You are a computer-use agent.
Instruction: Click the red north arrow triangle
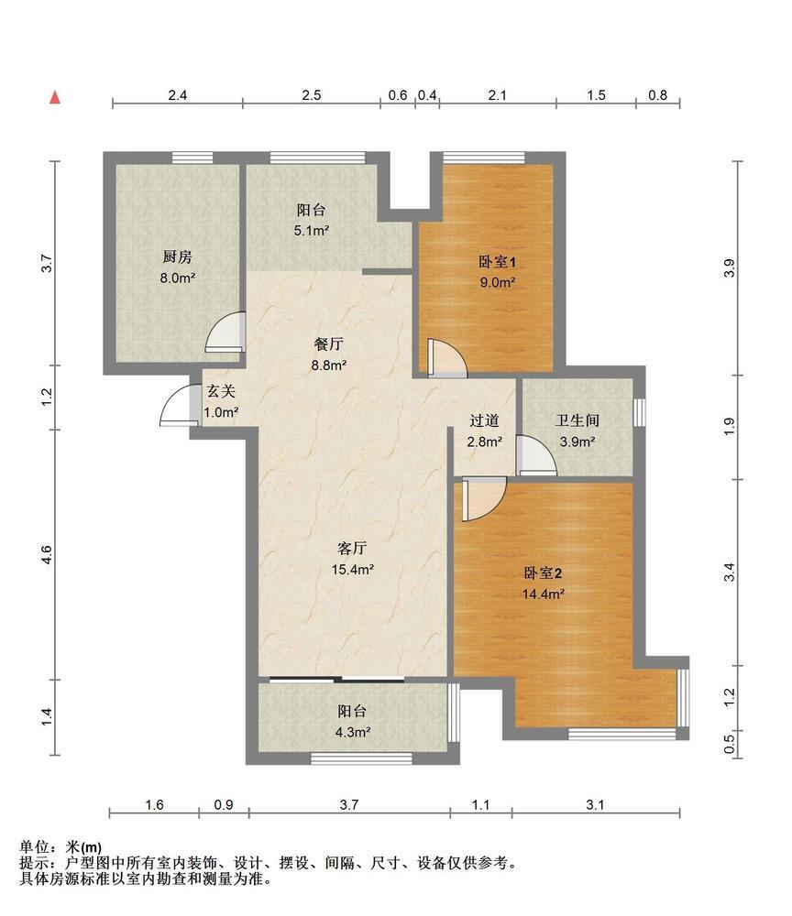click(55, 97)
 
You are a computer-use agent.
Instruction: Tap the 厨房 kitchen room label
click(177, 256)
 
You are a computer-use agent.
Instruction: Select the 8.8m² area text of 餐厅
click(329, 365)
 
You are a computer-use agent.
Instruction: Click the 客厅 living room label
click(352, 548)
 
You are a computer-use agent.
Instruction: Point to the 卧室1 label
click(498, 261)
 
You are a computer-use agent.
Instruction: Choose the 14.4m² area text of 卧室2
click(544, 594)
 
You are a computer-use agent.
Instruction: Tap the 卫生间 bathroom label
click(577, 420)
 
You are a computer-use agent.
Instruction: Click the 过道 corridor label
click(485, 420)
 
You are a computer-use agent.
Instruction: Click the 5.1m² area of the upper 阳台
click(312, 231)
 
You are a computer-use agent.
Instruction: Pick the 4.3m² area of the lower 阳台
click(353, 732)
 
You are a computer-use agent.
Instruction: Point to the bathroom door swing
click(536, 455)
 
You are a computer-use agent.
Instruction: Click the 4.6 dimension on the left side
click(47, 555)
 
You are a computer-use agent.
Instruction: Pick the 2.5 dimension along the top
click(312, 95)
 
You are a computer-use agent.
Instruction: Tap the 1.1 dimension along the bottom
click(480, 805)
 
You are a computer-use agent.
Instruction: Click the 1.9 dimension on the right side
click(729, 427)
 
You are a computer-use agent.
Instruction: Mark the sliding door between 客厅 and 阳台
click(336, 680)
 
